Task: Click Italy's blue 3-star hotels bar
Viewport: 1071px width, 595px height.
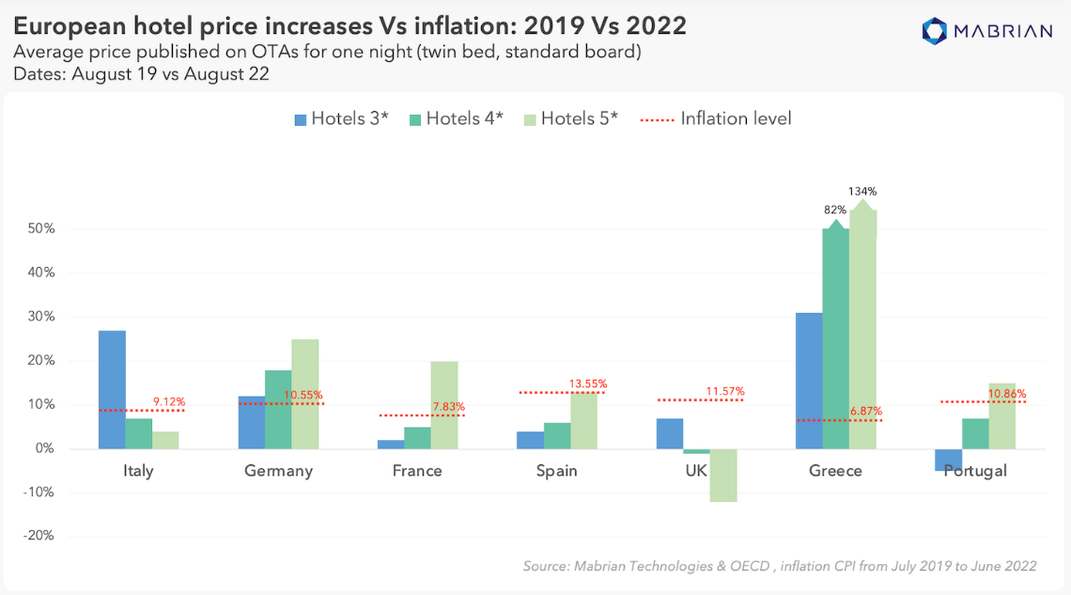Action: click(112, 389)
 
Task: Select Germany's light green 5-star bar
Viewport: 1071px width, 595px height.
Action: click(304, 394)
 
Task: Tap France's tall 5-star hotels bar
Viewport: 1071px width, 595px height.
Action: click(444, 405)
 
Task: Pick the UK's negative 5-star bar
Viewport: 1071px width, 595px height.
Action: click(723, 476)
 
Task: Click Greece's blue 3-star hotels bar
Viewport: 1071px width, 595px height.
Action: click(809, 381)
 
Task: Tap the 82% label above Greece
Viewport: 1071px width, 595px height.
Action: click(835, 210)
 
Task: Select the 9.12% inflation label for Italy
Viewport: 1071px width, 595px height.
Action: click(170, 402)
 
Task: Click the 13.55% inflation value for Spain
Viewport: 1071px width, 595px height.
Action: click(588, 384)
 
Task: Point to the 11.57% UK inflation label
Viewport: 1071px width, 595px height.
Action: click(727, 391)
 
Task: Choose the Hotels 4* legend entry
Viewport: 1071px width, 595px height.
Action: click(456, 118)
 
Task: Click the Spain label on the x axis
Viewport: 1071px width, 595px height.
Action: click(556, 471)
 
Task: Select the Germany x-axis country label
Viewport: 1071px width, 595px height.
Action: click(278, 471)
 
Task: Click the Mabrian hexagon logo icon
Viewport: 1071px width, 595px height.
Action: click(936, 31)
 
